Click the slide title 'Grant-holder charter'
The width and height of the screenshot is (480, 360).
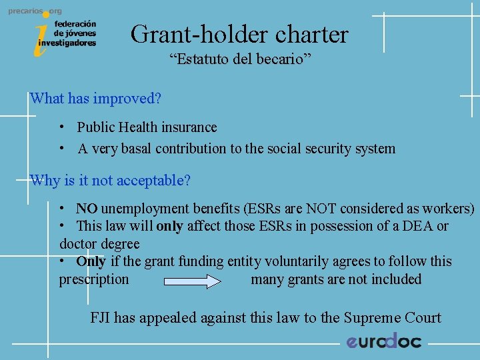(x=239, y=34)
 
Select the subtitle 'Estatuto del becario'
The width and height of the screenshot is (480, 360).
(x=239, y=60)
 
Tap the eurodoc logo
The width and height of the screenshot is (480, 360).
(x=383, y=341)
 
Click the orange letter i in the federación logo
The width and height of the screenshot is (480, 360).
(x=41, y=37)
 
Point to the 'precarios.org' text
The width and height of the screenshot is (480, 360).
(x=35, y=11)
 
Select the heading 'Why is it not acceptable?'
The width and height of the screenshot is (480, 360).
(x=110, y=181)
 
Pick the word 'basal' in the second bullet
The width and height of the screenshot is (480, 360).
(x=135, y=149)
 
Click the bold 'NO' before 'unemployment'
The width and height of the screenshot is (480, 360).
(x=87, y=209)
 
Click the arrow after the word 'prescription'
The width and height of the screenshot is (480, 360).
(x=192, y=281)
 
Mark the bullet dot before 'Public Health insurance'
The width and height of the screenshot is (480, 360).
(x=61, y=127)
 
